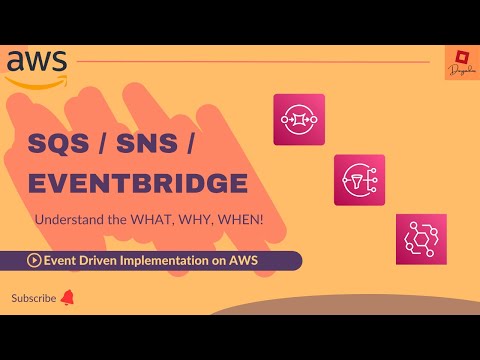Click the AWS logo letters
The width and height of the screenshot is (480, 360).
pos(36,59)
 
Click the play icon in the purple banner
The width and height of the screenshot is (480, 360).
pos(35,261)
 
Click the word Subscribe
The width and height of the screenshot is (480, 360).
pos(34,298)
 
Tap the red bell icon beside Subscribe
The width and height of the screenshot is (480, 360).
pos(68,298)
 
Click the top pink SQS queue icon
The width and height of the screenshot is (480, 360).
pos(298,120)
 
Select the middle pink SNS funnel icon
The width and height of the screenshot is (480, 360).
pos(359,179)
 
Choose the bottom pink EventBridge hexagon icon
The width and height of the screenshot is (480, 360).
pos(420,239)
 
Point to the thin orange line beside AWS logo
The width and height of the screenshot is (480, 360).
pos(250,61)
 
